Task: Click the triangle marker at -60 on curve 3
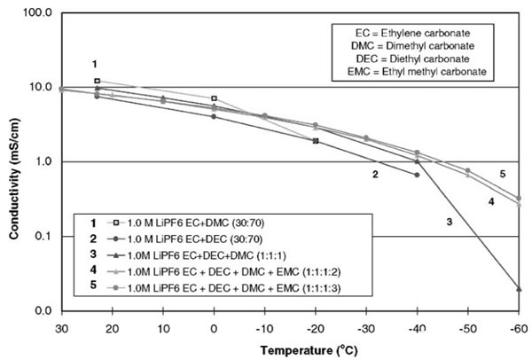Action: click(519, 288)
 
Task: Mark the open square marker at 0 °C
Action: click(214, 98)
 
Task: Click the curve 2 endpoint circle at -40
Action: click(417, 175)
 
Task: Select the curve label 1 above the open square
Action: click(94, 64)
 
